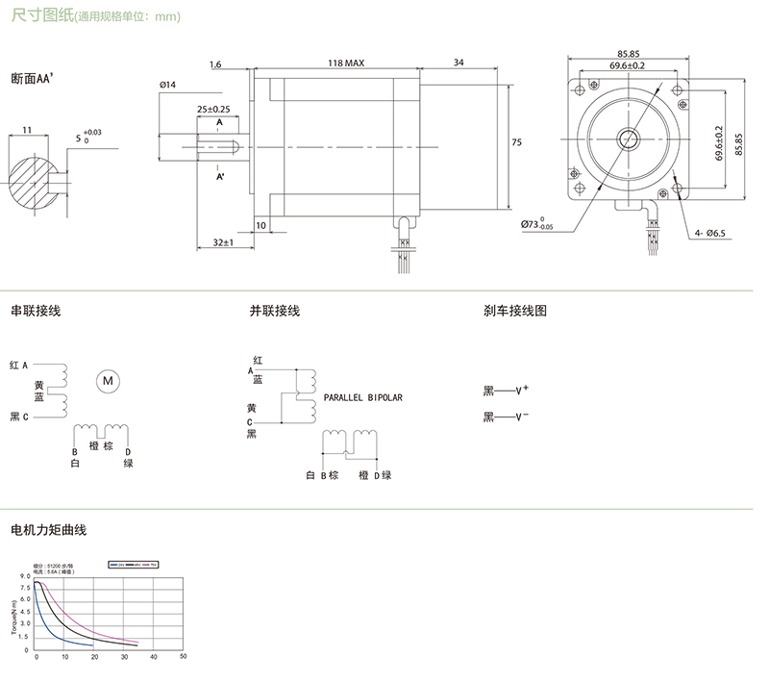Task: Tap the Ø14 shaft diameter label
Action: pos(167,86)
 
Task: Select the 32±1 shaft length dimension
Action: pos(224,243)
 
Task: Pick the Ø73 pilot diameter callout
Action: pos(539,225)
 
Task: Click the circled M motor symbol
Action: pos(107,380)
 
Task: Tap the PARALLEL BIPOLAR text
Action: pos(362,395)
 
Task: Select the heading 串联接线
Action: pos(36,311)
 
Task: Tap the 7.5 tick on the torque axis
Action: pos(25,587)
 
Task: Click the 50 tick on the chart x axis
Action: pos(183,656)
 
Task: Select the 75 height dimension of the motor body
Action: pos(516,142)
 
